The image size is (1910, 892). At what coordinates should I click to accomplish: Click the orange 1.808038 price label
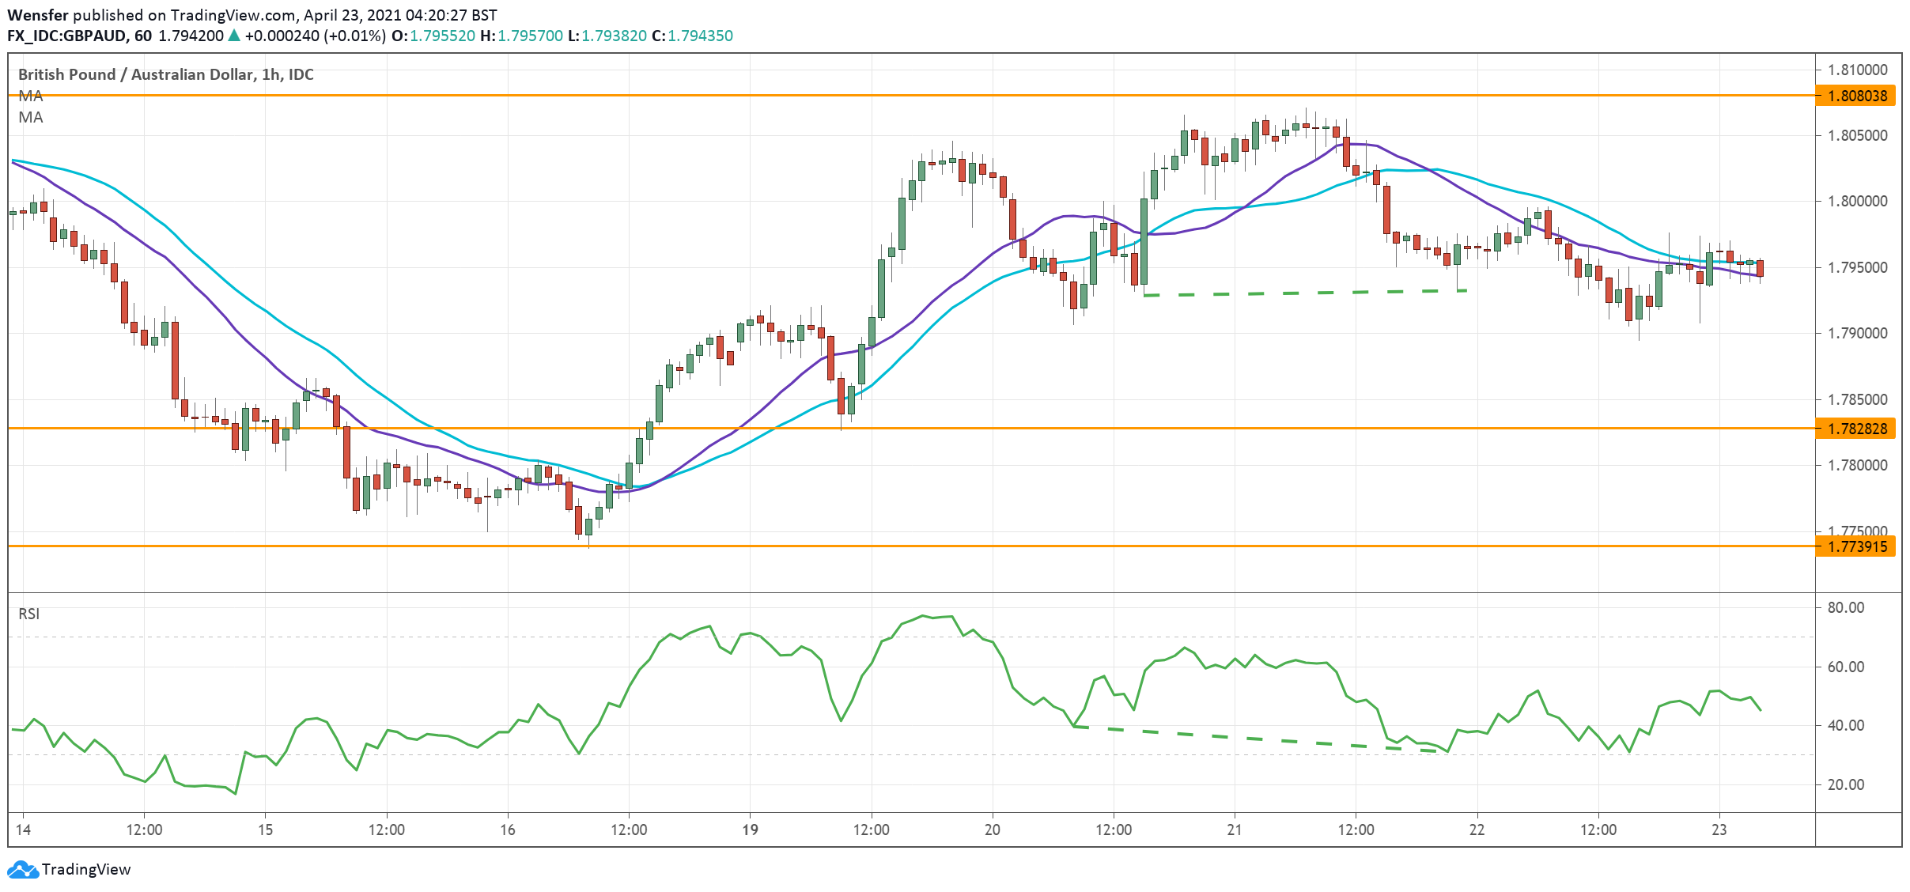(x=1855, y=96)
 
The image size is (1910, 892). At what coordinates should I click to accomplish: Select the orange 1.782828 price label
(x=1855, y=429)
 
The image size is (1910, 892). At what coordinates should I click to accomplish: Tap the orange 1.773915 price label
(x=1855, y=546)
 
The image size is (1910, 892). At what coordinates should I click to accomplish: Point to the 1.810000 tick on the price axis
(x=1857, y=70)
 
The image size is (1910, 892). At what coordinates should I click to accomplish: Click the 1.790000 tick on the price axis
(x=1857, y=333)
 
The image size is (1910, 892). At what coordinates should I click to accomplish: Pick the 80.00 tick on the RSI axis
(x=1845, y=607)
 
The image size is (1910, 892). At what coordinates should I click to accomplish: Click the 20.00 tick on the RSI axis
(x=1845, y=784)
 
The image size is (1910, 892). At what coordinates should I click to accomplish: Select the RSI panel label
(x=28, y=614)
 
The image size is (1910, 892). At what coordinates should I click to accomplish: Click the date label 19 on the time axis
(x=750, y=830)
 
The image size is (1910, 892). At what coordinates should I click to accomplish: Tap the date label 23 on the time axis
(x=1719, y=830)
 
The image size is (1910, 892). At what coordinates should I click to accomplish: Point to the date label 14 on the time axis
(x=23, y=830)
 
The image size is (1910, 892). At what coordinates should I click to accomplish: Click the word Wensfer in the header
(x=38, y=15)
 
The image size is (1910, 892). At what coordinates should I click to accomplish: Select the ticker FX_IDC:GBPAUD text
(x=66, y=36)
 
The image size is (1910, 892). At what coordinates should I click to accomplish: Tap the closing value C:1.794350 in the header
(x=692, y=36)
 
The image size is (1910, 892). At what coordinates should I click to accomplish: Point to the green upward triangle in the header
(x=234, y=36)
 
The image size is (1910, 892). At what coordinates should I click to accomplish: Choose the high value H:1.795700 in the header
(x=521, y=36)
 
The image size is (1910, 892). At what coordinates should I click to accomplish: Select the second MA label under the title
(x=30, y=117)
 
